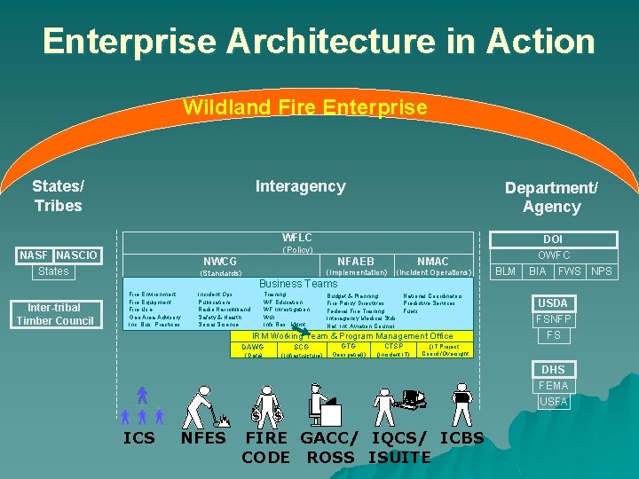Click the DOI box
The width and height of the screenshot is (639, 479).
(553, 239)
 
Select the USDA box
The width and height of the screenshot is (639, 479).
(553, 303)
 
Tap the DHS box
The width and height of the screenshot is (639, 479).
(553, 370)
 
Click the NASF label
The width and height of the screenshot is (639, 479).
(36, 255)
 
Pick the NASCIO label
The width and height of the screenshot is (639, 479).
(77, 255)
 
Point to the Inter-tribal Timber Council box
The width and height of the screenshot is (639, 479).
(55, 315)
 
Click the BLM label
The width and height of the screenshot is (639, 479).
(505, 271)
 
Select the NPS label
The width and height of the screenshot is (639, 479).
(602, 271)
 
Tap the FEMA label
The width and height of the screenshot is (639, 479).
(553, 386)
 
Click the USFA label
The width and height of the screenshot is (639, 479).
(553, 402)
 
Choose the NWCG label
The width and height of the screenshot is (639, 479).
(220, 262)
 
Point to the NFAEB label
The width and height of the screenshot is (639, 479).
(356, 262)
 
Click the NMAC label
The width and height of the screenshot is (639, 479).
(432, 262)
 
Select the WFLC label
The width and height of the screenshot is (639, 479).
(296, 238)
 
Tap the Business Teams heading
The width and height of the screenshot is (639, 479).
(298, 284)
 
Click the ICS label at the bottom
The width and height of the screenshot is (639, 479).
(138, 438)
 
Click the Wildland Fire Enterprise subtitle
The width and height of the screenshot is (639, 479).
(304, 108)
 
